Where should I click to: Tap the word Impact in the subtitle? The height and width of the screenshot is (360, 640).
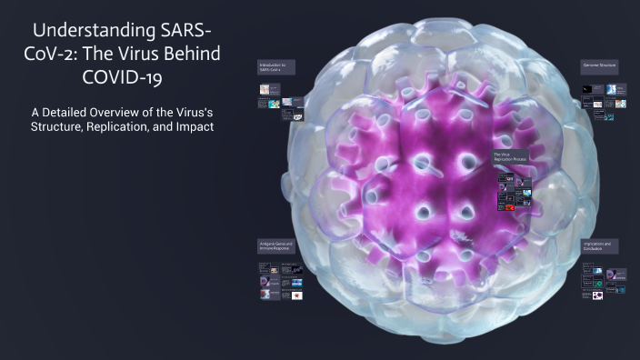coord(194,128)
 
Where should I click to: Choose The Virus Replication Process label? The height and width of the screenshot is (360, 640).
coord(511,158)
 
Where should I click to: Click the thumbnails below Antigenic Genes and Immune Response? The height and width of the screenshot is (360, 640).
coord(281,281)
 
